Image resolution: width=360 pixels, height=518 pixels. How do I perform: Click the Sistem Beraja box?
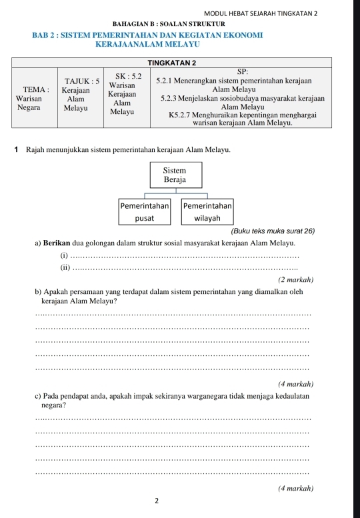pos(175,176)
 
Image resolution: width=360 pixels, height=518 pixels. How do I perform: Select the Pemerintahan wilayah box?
pos(207,211)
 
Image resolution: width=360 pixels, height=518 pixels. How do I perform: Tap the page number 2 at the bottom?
pos(156,501)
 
